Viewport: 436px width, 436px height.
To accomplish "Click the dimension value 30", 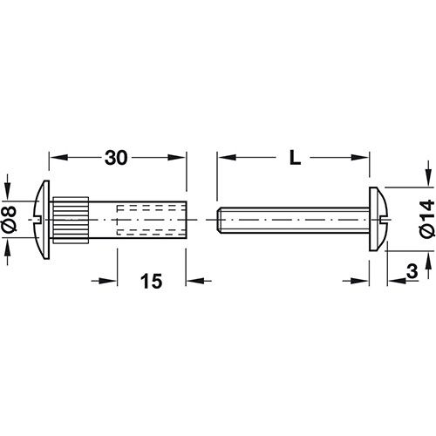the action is tap(116, 158).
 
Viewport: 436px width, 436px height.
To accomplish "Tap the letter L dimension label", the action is tap(295, 158).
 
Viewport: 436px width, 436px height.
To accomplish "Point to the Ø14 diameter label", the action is tap(426, 219).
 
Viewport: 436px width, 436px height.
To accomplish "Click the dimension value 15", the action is tap(151, 281).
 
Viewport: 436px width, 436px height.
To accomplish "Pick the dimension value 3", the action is tap(412, 270).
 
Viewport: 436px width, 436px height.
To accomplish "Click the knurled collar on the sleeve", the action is tap(71, 220).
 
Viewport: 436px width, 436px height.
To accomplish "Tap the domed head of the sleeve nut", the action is tap(42, 220).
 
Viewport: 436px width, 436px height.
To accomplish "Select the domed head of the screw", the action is tap(378, 219).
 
